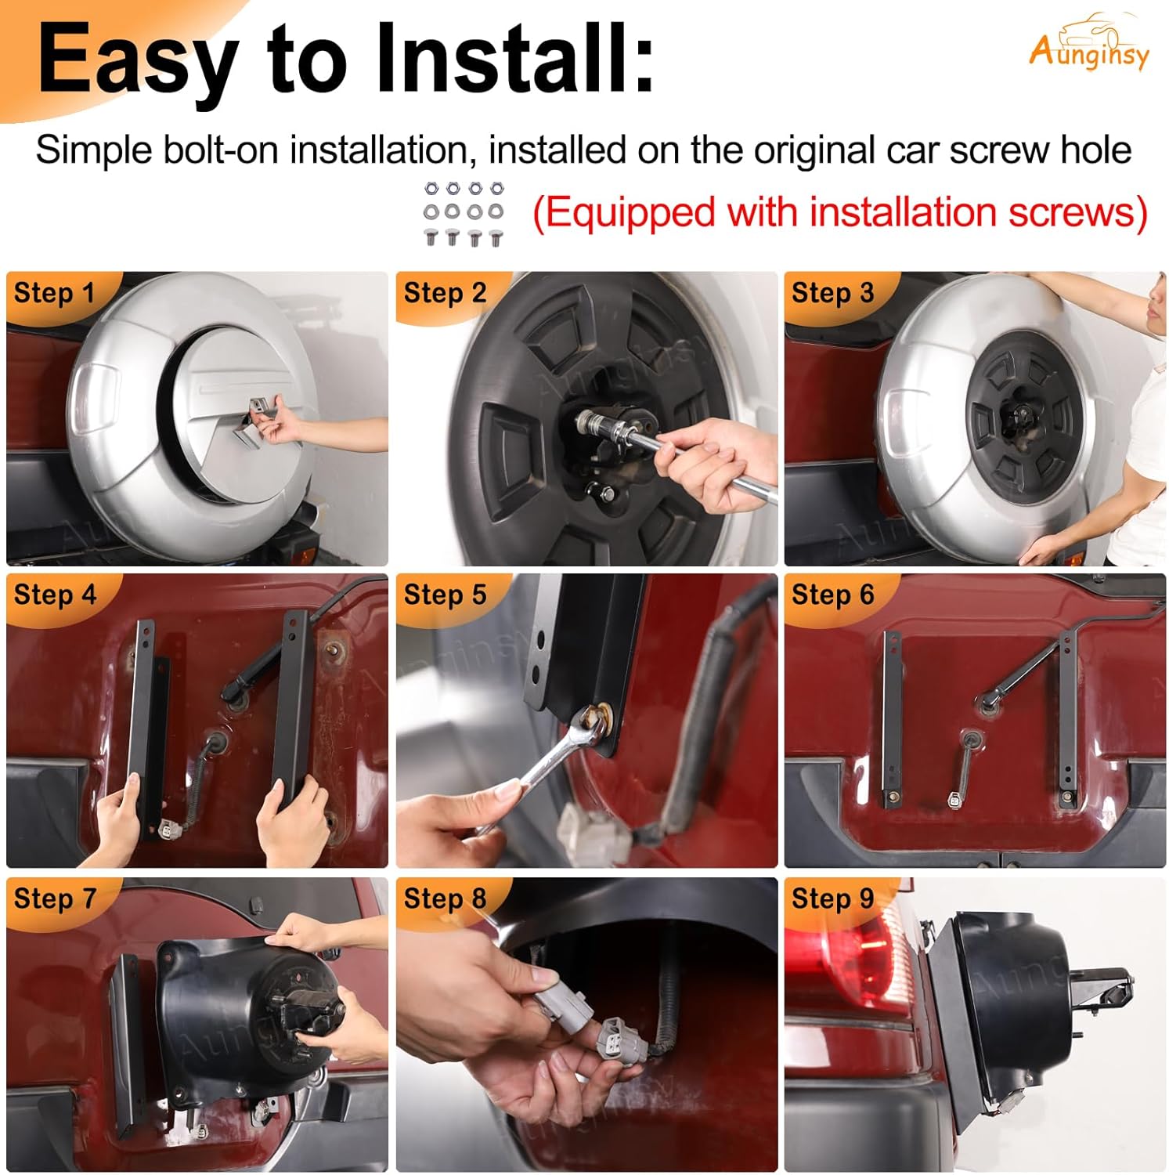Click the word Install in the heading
coord(513,59)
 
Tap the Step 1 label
coord(54,293)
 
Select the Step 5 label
coord(445,595)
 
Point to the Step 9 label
coord(832,898)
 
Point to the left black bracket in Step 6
coord(890,719)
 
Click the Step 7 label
coord(54,898)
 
